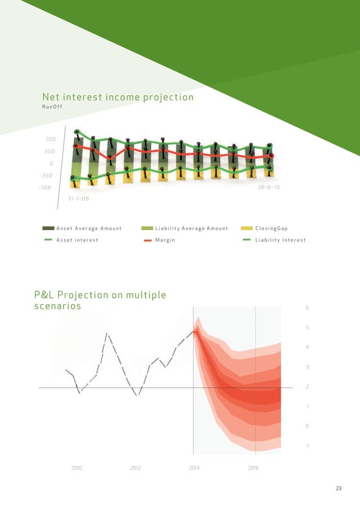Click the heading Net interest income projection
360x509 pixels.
[118, 98]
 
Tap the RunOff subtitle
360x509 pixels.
[55, 107]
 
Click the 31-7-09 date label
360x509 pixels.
[78, 199]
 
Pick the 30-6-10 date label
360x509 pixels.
[269, 187]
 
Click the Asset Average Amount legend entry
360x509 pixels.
[82, 229]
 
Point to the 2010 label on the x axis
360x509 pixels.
[76, 468]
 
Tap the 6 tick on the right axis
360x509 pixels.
[307, 308]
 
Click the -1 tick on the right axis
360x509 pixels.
[306, 446]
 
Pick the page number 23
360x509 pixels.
[339, 489]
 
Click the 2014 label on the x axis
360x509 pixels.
[194, 468]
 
